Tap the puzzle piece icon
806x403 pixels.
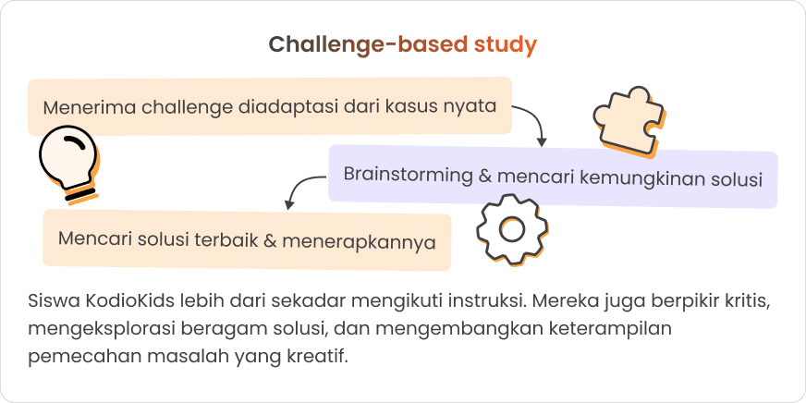coord(626,118)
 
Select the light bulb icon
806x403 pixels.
coord(67,162)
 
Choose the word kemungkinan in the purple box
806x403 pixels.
coord(637,177)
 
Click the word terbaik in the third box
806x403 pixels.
coord(226,240)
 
